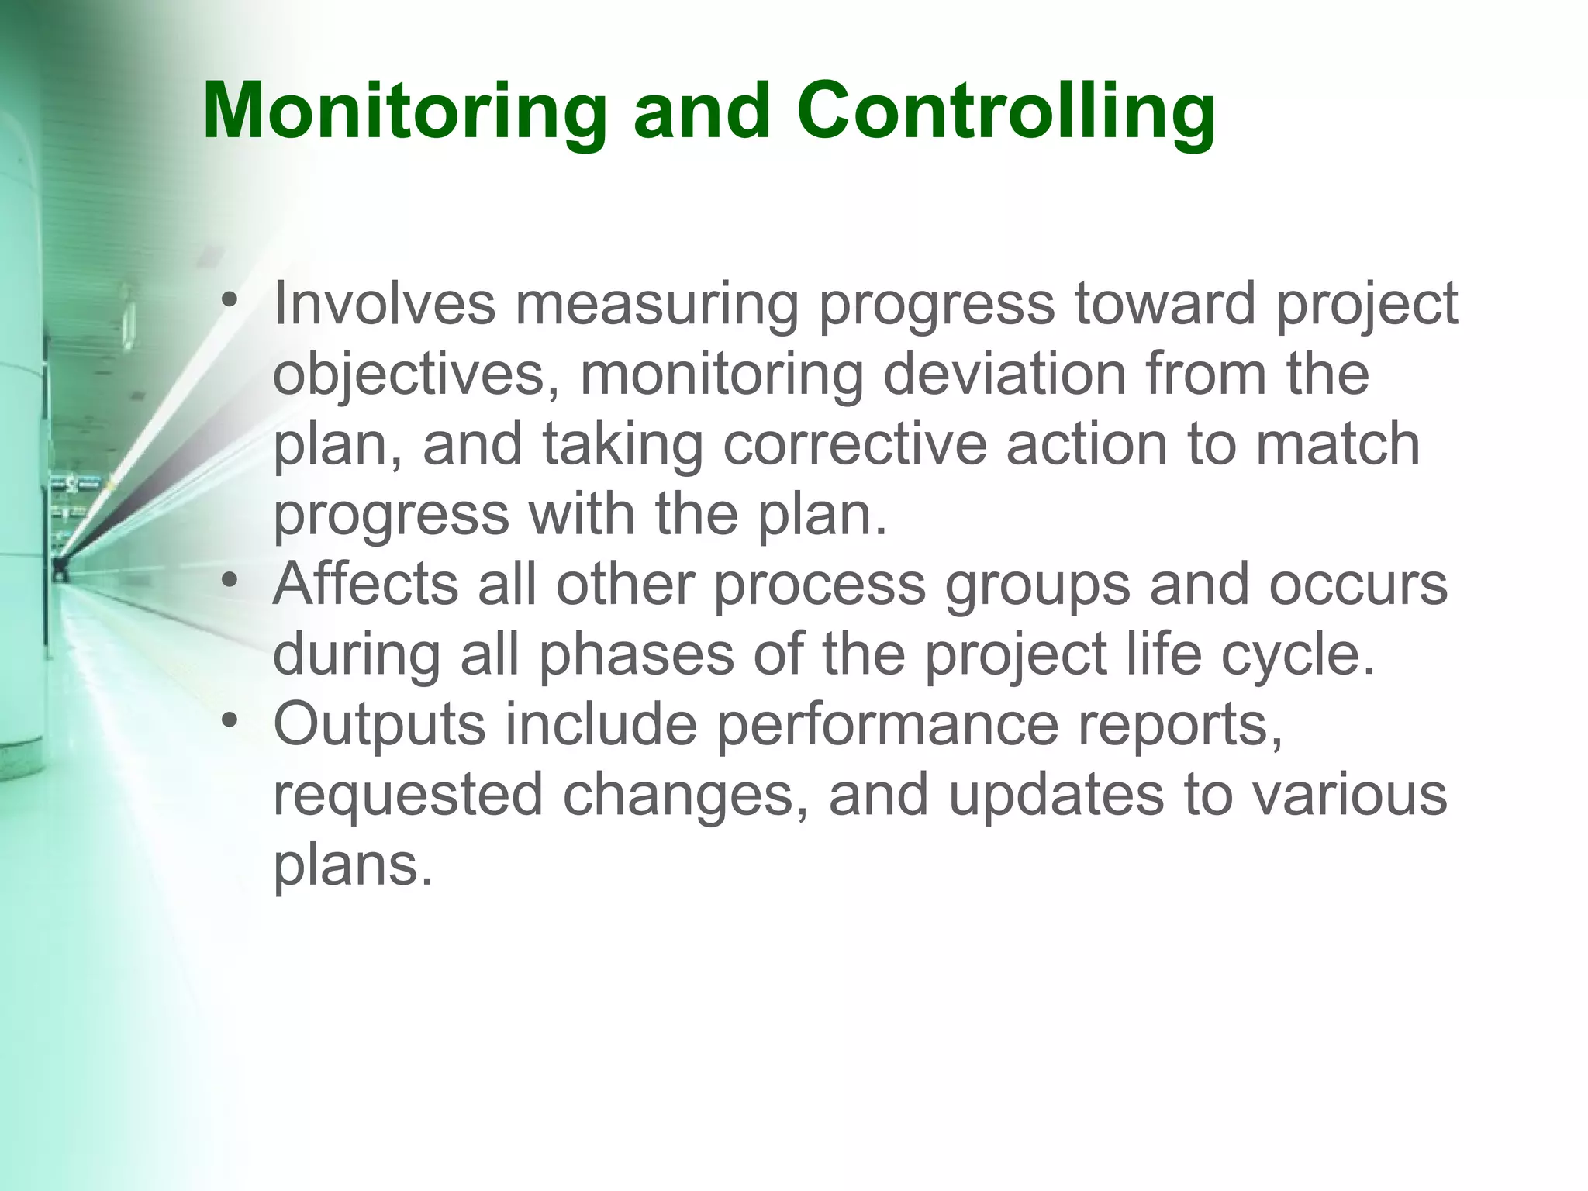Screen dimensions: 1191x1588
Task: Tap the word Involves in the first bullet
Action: click(384, 303)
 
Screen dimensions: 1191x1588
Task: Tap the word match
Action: click(1338, 444)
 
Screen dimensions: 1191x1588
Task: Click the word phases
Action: click(636, 654)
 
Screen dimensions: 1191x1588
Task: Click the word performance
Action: click(887, 724)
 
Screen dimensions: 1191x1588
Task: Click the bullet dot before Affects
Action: click(228, 581)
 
